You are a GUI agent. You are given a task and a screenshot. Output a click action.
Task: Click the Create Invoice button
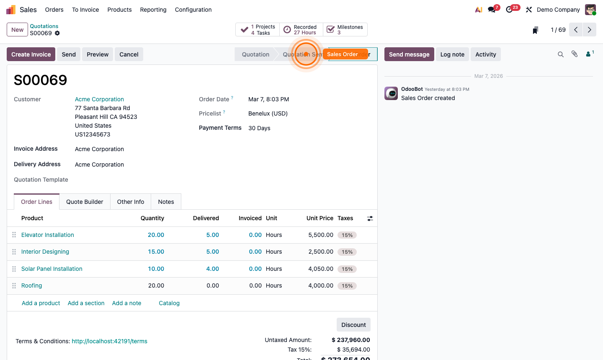click(x=31, y=54)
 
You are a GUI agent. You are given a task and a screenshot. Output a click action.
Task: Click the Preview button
click(x=98, y=54)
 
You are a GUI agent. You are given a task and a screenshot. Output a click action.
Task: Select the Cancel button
click(x=129, y=54)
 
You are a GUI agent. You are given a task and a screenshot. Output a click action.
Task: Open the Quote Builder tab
click(x=85, y=202)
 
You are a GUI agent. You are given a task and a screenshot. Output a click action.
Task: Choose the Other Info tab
click(x=131, y=202)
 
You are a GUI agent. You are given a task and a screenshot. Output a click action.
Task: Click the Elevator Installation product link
click(x=48, y=235)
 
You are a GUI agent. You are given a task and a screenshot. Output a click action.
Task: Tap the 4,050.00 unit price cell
click(x=320, y=269)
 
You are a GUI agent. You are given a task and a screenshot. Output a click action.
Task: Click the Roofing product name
click(x=32, y=285)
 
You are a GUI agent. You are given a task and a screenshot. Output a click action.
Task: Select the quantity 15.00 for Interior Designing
click(x=156, y=252)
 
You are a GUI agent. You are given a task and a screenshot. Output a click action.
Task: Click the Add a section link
click(x=86, y=303)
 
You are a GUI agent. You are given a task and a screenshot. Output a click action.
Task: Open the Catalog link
click(x=169, y=303)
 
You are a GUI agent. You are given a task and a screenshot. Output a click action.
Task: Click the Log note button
click(x=452, y=54)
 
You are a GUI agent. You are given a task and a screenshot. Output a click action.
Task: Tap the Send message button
click(x=409, y=54)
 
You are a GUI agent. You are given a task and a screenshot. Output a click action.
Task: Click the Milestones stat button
click(x=345, y=30)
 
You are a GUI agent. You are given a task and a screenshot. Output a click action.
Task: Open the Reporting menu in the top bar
click(x=153, y=10)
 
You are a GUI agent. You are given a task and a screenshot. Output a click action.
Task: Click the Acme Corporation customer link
click(x=99, y=99)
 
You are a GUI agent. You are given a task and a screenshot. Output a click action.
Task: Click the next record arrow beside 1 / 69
click(x=590, y=30)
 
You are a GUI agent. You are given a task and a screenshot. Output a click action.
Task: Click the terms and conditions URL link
click(x=109, y=341)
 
